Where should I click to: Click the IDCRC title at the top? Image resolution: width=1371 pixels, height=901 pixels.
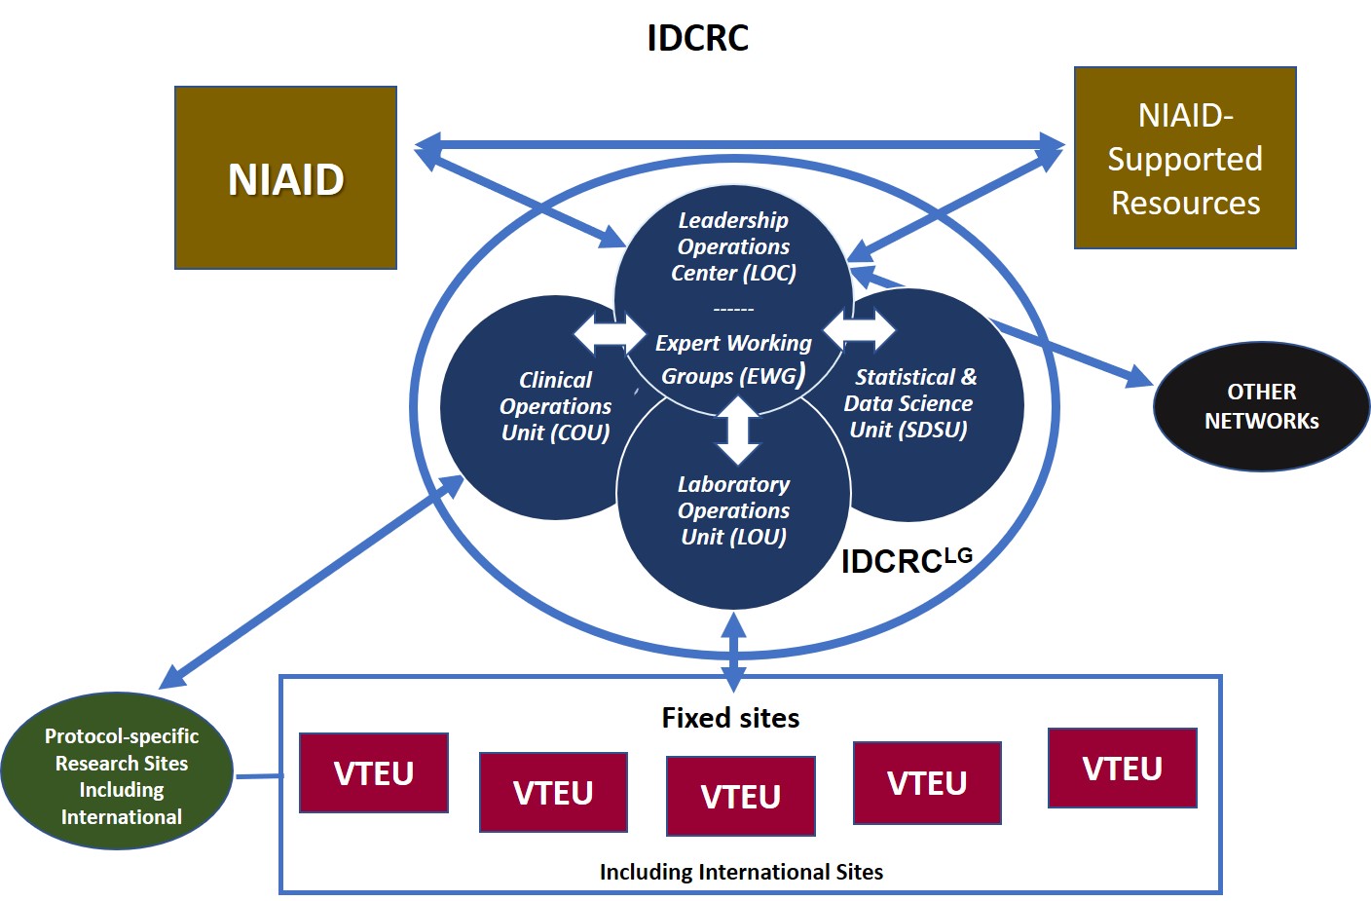click(697, 38)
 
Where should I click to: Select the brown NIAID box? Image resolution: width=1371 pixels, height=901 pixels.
click(285, 178)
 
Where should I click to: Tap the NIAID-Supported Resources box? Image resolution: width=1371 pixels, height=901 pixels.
click(1185, 159)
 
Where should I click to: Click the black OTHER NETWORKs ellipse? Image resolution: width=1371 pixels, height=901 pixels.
click(1261, 406)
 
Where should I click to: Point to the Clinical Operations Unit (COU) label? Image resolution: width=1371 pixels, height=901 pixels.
click(555, 406)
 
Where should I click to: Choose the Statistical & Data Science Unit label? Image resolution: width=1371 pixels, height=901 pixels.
click(909, 403)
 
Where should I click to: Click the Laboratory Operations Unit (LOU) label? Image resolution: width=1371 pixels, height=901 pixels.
click(733, 510)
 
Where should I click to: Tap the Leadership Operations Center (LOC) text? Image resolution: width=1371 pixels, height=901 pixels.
click(733, 246)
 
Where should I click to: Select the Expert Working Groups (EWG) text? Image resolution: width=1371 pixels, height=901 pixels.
click(733, 358)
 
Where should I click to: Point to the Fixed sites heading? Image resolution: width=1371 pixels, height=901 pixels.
click(730, 718)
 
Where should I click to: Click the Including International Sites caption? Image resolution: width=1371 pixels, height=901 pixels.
click(741, 872)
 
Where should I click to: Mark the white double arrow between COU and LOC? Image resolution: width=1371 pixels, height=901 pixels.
click(609, 334)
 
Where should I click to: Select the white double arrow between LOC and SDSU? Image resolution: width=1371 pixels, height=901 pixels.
click(860, 328)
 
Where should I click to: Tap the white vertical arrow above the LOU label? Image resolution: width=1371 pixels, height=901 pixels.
click(737, 430)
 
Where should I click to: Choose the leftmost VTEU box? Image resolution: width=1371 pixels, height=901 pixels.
click(374, 772)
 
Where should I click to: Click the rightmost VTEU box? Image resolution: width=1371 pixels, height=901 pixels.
click(1122, 768)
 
